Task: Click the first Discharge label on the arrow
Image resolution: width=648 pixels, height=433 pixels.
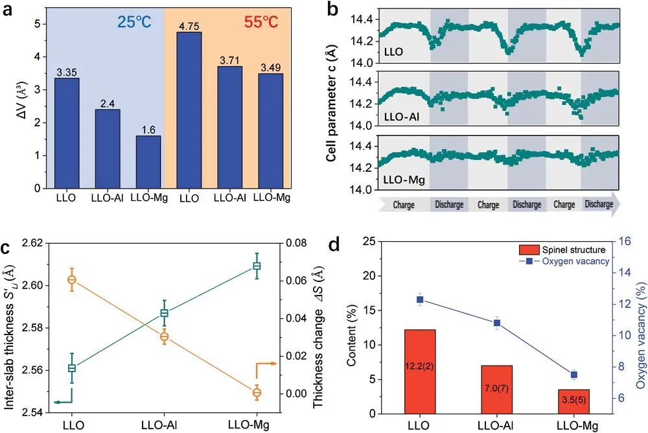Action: pos(448,205)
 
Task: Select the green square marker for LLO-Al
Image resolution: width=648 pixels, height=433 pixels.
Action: pos(164,313)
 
